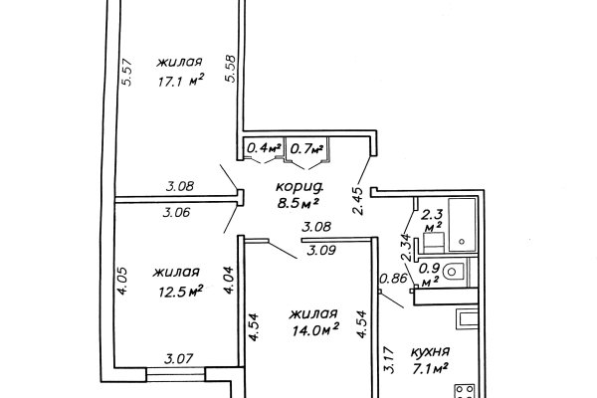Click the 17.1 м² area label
pyautogui.click(x=181, y=81)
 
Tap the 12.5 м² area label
pyautogui.click(x=180, y=292)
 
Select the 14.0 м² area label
pyautogui.click(x=315, y=329)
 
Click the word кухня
pyautogui.click(x=430, y=351)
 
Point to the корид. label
pyautogui.click(x=299, y=187)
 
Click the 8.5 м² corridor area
pyautogui.click(x=298, y=203)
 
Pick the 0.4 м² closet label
pyautogui.click(x=264, y=148)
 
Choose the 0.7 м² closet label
pyautogui.click(x=306, y=148)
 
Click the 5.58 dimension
pyautogui.click(x=231, y=69)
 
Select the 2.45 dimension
pyautogui.click(x=358, y=201)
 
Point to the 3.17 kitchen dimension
pyautogui.click(x=388, y=359)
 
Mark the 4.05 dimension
pyautogui.click(x=122, y=281)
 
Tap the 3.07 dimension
pyautogui.click(x=178, y=358)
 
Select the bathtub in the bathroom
pyautogui.click(x=463, y=225)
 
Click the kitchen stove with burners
pyautogui.click(x=466, y=391)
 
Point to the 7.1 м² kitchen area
pyautogui.click(x=428, y=368)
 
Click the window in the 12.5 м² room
pyautogui.click(x=176, y=374)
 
